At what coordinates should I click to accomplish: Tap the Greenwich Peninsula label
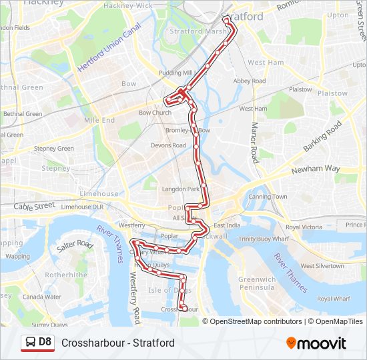(x=256, y=283)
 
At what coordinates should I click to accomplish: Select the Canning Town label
(x=268, y=197)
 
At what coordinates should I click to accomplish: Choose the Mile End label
(x=99, y=121)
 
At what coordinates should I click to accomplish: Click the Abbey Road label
(x=250, y=81)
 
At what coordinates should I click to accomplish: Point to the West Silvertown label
(x=322, y=265)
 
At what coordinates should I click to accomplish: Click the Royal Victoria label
(x=303, y=227)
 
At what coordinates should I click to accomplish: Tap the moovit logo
(x=316, y=343)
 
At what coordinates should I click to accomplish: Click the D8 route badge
(x=37, y=343)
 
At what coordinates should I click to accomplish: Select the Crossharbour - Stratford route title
(x=118, y=343)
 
